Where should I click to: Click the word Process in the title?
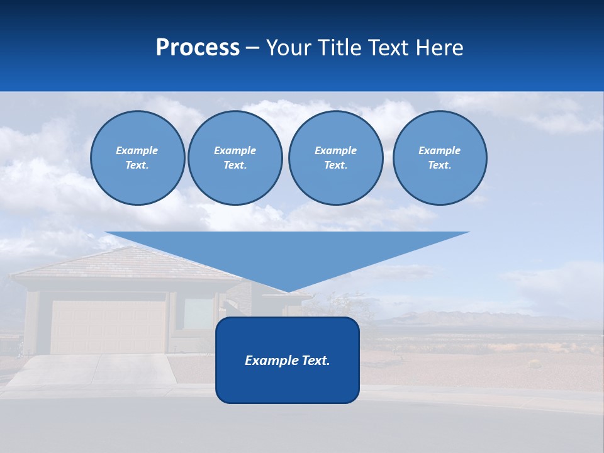pos(198,48)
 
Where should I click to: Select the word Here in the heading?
pos(438,48)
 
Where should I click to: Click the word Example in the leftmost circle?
pos(137,150)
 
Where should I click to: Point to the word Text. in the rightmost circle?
pos(439,165)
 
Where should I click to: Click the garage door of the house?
pos(108,327)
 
